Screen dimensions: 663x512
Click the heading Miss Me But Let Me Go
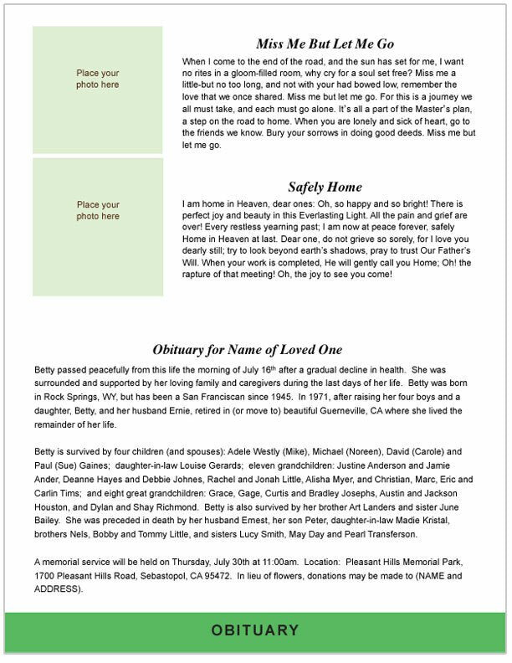pos(325,44)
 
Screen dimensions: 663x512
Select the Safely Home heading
pos(325,187)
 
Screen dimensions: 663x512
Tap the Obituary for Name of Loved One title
pos(247,350)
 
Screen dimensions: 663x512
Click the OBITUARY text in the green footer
pos(255,630)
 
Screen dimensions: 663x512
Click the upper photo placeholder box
pos(98,90)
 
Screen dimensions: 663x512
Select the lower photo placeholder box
pos(98,227)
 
